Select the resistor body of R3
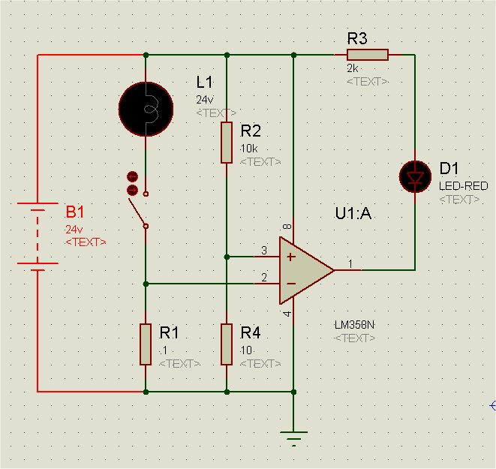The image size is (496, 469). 367,54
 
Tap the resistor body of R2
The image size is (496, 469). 227,143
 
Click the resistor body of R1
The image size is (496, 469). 146,344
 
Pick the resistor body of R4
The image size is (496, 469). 227,344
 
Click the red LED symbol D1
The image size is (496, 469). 414,177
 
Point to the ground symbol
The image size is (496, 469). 293,437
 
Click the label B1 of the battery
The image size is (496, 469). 77,211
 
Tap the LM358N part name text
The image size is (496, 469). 354,326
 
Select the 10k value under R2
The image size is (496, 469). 249,148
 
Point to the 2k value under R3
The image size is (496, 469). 353,68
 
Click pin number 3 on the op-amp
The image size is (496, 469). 263,250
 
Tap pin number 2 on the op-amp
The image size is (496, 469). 263,278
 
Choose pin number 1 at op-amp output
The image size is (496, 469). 350,263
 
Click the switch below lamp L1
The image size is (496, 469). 138,198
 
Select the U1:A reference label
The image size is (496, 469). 353,215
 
